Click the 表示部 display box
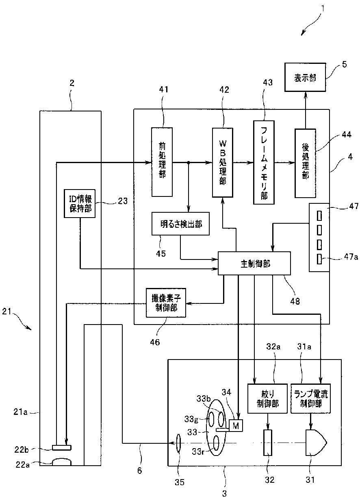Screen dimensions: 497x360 coord(305,78)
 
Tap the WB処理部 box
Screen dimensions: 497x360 coord(223,162)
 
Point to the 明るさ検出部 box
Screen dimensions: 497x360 coord(180,224)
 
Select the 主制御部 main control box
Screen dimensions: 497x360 coord(254,263)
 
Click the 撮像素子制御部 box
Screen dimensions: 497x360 coord(166,303)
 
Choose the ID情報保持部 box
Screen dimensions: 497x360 coord(80,203)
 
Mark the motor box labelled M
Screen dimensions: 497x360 coord(235,425)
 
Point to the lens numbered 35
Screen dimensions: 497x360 coord(178,443)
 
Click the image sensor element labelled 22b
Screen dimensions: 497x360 coord(61,448)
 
